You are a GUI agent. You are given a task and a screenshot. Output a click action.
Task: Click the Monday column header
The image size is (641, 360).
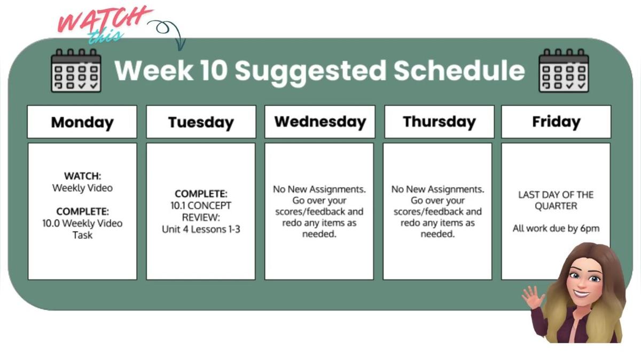coord(82,122)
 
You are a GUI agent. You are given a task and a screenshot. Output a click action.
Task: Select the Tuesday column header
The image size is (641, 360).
coord(201,122)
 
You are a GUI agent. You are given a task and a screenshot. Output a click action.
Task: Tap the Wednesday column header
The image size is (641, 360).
coord(320,122)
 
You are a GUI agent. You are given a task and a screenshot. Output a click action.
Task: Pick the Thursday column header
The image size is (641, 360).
coord(439,122)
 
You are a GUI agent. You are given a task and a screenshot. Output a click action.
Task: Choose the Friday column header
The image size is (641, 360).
coord(556,122)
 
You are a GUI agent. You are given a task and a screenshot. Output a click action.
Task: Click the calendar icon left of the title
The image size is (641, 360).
coord(76,71)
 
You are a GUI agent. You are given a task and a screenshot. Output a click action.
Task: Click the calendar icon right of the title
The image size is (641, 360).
coord(564,71)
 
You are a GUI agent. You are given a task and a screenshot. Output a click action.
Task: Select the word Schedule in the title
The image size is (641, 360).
coord(459,71)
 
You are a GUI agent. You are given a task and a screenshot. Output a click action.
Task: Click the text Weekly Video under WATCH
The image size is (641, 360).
coord(82,188)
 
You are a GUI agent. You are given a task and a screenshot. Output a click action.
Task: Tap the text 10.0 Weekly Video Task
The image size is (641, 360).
coord(82,229)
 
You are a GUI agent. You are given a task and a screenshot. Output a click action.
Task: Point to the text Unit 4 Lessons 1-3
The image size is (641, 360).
coord(201,229)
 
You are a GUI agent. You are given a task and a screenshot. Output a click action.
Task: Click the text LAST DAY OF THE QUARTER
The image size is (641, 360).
coord(556,200)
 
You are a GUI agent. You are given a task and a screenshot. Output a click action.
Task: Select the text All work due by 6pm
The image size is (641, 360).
coord(556,229)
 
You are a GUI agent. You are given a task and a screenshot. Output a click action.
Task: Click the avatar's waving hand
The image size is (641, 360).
coord(533,297)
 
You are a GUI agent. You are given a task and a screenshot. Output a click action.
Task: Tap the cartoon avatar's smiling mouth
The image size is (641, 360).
coord(583,293)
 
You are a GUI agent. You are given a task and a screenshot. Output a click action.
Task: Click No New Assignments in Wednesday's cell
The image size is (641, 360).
coord(319,189)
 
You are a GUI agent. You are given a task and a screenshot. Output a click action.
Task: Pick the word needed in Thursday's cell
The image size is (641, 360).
coord(437,234)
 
